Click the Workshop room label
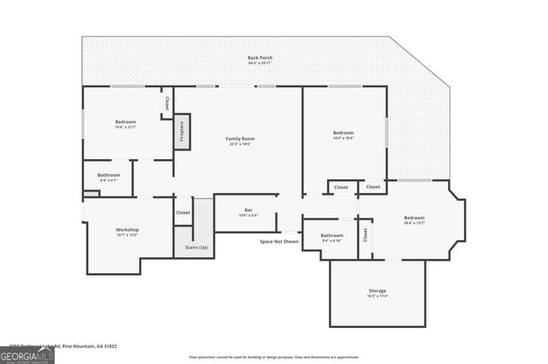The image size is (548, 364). (x=127, y=229)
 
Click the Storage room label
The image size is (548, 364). (x=377, y=291)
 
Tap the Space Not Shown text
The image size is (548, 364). (x=279, y=242)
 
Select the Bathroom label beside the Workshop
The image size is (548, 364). (x=109, y=174)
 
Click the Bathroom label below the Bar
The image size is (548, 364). (x=331, y=235)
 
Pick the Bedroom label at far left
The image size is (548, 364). (x=126, y=122)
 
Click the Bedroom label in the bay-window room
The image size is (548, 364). (x=414, y=218)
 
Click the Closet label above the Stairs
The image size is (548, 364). (x=183, y=212)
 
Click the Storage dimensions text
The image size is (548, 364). (x=377, y=296)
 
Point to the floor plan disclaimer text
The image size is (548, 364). (x=274, y=357)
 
